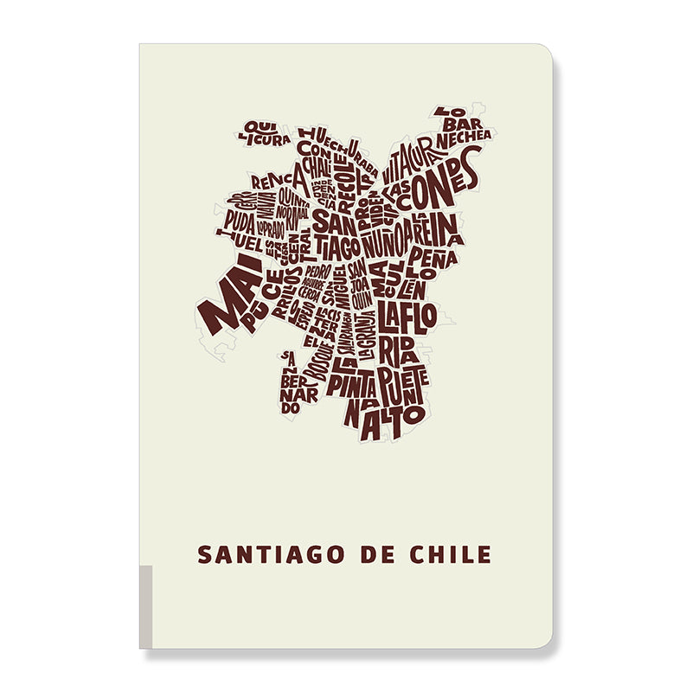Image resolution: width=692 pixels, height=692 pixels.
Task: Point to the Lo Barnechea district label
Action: pos(463,125)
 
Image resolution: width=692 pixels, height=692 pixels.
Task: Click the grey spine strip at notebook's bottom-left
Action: pos(145,605)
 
